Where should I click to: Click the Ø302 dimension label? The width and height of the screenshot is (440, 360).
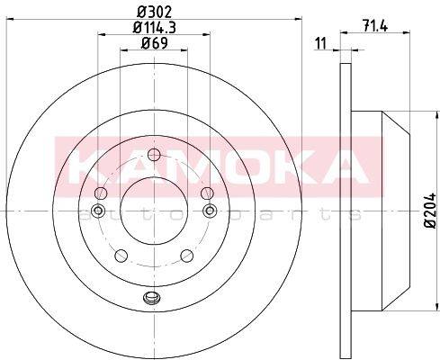154,13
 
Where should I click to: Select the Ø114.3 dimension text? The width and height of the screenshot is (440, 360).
154,28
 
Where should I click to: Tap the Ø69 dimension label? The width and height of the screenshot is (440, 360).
154,43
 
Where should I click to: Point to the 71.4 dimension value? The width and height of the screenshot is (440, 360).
374,25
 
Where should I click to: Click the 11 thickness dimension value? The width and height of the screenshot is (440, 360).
320,44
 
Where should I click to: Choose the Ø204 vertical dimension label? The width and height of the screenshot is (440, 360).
430,211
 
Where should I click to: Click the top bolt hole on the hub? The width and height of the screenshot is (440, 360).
154,155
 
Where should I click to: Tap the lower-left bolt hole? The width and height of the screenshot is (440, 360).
121,256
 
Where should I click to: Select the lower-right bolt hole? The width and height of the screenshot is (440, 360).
187,256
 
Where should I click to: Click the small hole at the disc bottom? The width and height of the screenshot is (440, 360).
151,297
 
